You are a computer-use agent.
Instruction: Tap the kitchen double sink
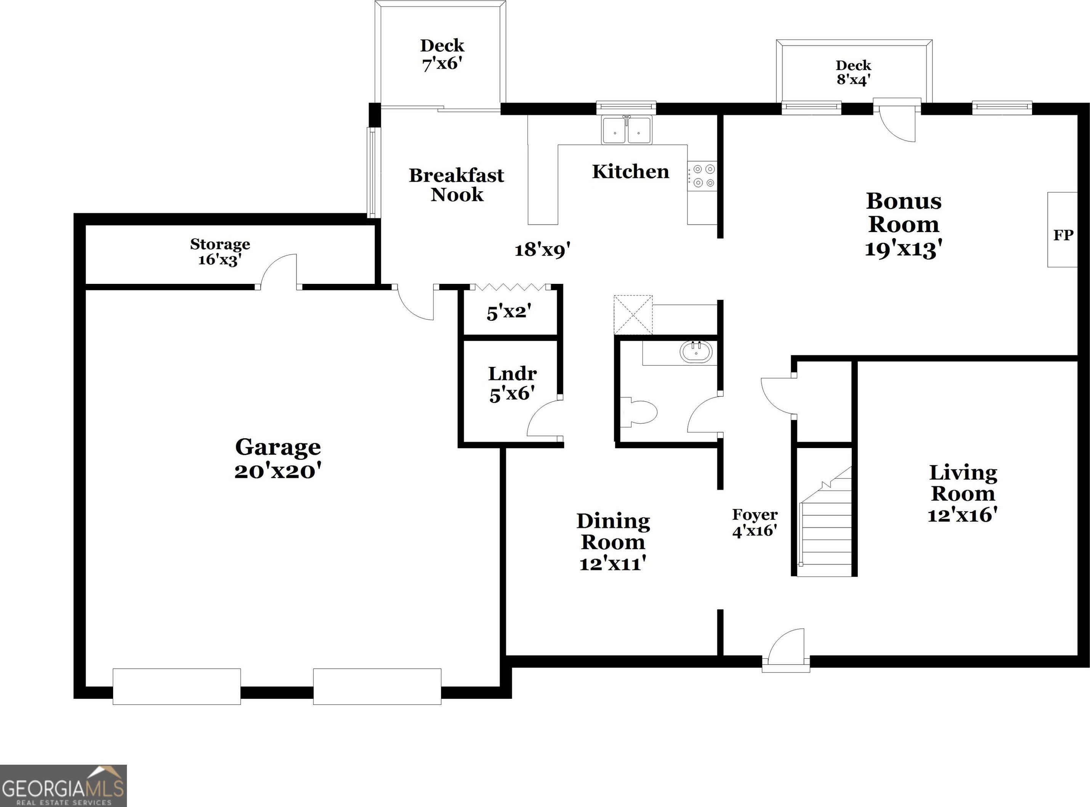coord(626,130)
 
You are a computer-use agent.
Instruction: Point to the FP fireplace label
coord(1063,235)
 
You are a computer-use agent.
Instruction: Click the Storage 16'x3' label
coord(220,251)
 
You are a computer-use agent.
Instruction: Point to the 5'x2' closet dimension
coord(508,312)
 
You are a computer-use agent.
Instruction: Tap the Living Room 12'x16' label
coord(962,493)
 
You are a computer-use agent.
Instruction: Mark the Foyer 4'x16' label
coord(755,522)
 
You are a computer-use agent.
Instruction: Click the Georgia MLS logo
coord(64,786)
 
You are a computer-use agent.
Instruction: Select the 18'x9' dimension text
coord(542,250)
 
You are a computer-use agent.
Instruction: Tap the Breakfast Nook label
coord(456,185)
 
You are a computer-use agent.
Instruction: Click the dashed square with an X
coord(633,315)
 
